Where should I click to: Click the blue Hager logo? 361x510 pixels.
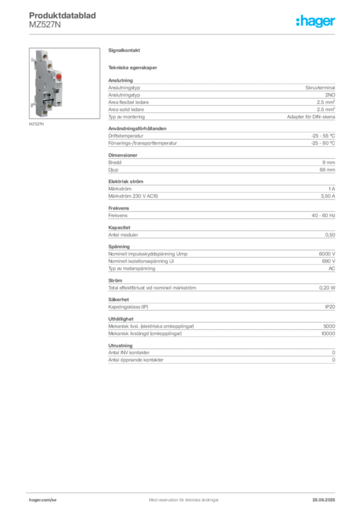(316, 21)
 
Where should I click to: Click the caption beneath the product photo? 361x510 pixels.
(38, 125)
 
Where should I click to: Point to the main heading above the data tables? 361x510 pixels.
(126, 51)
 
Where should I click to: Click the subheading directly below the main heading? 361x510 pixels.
(134, 67)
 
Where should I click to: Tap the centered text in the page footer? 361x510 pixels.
(180, 497)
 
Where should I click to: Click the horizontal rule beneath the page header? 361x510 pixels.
(183, 34)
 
